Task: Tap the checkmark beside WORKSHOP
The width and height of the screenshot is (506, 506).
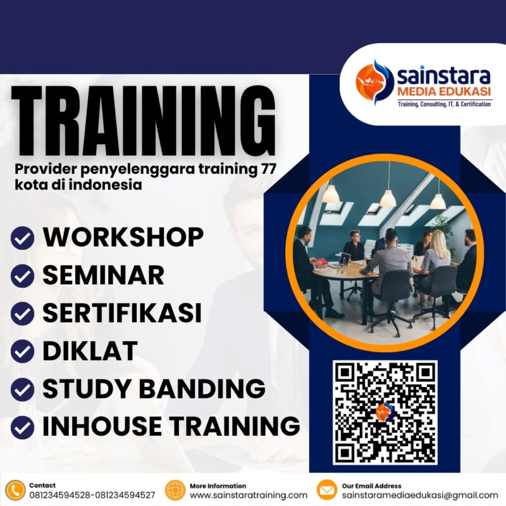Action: coord(23,238)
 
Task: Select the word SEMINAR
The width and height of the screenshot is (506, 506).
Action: coord(103,275)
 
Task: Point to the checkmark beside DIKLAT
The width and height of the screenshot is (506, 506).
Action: coord(23,351)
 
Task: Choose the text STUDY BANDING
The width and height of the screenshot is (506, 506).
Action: coord(154,388)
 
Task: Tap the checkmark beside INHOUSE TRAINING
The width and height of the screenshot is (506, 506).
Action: coord(23,426)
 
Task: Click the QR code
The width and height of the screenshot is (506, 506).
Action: coord(385,412)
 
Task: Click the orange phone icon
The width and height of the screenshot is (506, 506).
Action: coord(15,490)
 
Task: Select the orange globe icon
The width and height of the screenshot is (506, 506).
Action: coord(175,490)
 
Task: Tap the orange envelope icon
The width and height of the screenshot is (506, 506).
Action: coord(326,490)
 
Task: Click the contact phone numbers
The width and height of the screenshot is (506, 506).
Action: coord(92,495)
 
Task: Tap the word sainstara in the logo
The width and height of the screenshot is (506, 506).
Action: coord(443,76)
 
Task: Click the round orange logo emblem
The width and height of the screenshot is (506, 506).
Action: coord(374,82)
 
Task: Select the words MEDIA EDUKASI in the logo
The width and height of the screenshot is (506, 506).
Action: coord(443,93)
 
